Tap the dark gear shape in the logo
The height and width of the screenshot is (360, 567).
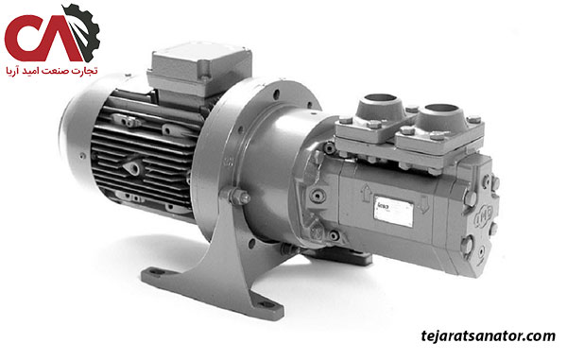84,32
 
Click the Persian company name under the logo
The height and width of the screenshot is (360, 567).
52,71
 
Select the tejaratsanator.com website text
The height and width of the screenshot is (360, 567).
488,335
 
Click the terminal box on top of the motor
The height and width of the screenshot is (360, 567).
199,68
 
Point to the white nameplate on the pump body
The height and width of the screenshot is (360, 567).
393,211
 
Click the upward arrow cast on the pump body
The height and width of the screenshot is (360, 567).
366,193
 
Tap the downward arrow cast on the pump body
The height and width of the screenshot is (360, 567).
423,204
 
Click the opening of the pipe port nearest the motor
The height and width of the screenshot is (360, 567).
380,98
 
